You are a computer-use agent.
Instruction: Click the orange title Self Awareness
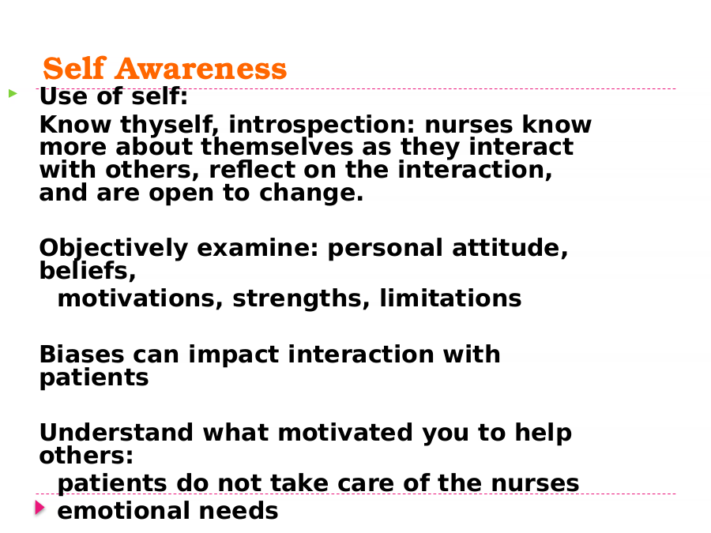[x=164, y=69]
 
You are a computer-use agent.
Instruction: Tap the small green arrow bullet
[x=13, y=93]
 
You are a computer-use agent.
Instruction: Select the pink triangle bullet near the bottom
[x=40, y=508]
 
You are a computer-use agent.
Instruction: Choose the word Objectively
[x=113, y=249]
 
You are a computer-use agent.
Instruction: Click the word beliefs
[x=88, y=271]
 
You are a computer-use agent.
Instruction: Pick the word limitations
[x=451, y=298]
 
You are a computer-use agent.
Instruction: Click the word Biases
[x=81, y=355]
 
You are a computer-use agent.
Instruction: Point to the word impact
[x=234, y=355]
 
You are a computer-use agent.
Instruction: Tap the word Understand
[x=116, y=433]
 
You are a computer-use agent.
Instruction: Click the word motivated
[x=345, y=433]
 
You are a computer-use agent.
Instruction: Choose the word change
[x=311, y=193]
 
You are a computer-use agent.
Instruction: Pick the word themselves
[x=276, y=148]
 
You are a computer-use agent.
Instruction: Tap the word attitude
[x=510, y=249]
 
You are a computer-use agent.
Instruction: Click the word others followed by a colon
[x=86, y=456]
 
